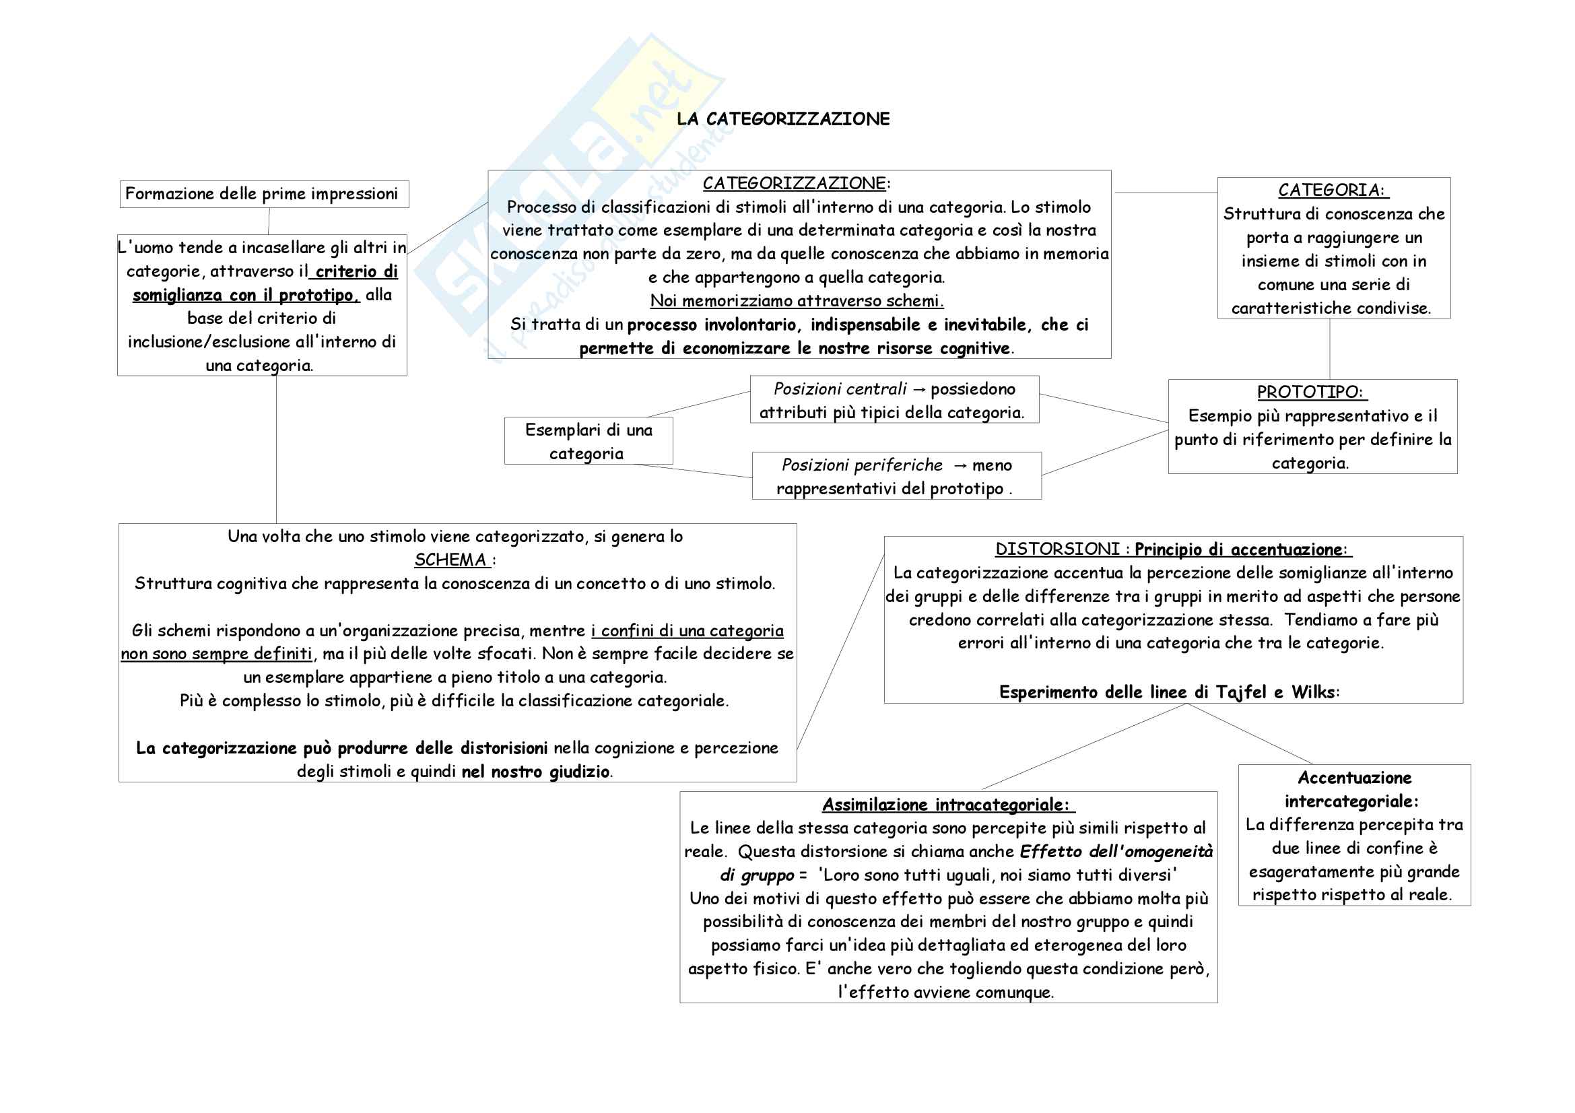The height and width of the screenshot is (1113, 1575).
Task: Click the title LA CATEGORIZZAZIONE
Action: click(x=782, y=119)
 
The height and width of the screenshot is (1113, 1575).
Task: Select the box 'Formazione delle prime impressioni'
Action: click(x=263, y=194)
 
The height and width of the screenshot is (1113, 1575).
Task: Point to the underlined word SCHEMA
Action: click(x=450, y=560)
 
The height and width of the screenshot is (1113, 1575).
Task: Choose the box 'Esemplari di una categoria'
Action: click(x=588, y=441)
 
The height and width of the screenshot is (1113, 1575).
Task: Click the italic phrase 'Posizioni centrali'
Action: click(x=840, y=389)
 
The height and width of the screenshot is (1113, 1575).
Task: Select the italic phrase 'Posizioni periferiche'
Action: click(x=862, y=466)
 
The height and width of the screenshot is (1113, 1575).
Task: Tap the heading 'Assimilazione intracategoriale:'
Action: click(x=947, y=805)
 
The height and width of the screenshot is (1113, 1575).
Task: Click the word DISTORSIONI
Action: click(x=1057, y=549)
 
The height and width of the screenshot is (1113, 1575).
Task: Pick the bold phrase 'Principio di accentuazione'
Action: click(x=1238, y=550)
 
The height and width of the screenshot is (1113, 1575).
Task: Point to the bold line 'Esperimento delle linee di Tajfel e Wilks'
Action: click(x=1168, y=693)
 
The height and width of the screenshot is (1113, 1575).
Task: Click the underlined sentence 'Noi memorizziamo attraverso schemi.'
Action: click(x=797, y=301)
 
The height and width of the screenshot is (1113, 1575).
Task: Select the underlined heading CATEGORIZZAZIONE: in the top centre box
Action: click(x=795, y=184)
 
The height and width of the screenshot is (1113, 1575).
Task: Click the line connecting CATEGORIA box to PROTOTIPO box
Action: click(x=1329, y=349)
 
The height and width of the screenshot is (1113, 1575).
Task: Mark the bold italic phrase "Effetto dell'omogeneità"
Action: click(x=1116, y=852)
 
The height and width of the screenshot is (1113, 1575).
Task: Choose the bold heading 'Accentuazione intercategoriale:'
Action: click(x=1353, y=789)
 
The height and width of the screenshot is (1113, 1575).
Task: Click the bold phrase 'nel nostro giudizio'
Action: click(x=535, y=772)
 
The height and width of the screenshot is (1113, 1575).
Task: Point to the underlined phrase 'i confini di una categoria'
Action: click(x=687, y=631)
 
